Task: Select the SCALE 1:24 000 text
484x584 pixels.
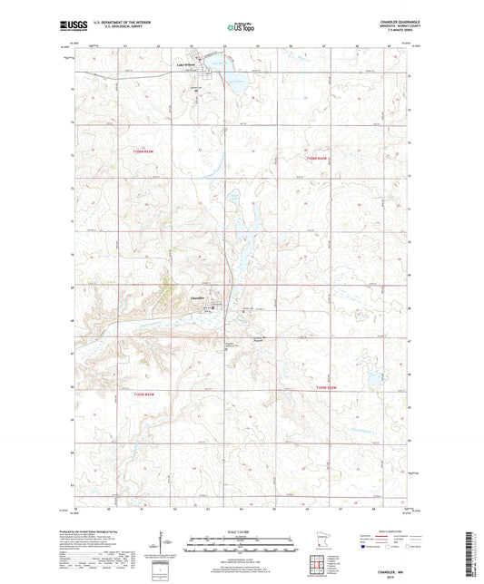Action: point(242,530)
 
